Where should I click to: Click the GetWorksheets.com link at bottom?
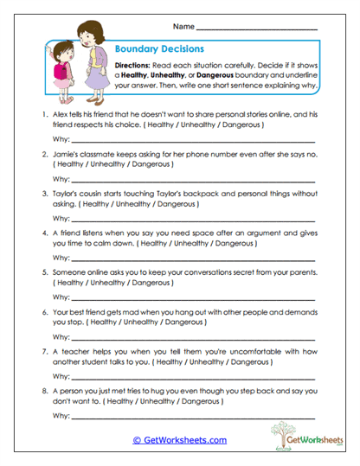(179, 440)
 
